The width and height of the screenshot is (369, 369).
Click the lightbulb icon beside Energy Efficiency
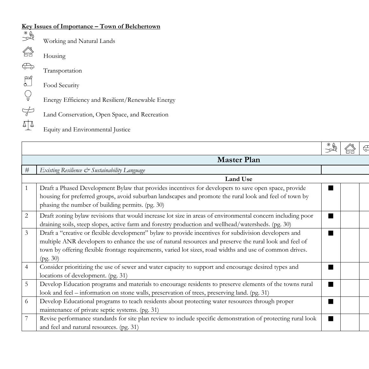coord(28,95)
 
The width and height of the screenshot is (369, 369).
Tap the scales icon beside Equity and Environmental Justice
coord(28,125)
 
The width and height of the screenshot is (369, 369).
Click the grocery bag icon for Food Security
coord(28,81)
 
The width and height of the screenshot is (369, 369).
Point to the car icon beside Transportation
coord(28,66)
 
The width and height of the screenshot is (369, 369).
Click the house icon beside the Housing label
coord(28,52)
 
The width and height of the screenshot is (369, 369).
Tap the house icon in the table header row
coord(350,148)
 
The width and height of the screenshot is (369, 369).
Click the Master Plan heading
coord(238,160)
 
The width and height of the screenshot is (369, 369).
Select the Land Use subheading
coord(238,179)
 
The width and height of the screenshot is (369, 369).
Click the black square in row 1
coord(331,188)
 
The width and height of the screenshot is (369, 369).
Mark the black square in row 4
coord(331,267)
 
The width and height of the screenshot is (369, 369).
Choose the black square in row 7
coord(331,319)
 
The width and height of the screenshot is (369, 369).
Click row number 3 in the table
coord(27,233)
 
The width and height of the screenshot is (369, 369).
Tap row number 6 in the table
coord(27,301)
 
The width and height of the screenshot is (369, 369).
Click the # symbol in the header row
coord(27,170)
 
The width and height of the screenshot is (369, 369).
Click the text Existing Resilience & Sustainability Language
coord(92,170)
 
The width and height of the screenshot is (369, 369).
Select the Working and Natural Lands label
coord(79,41)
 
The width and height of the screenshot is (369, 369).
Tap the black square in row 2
coord(331,216)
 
